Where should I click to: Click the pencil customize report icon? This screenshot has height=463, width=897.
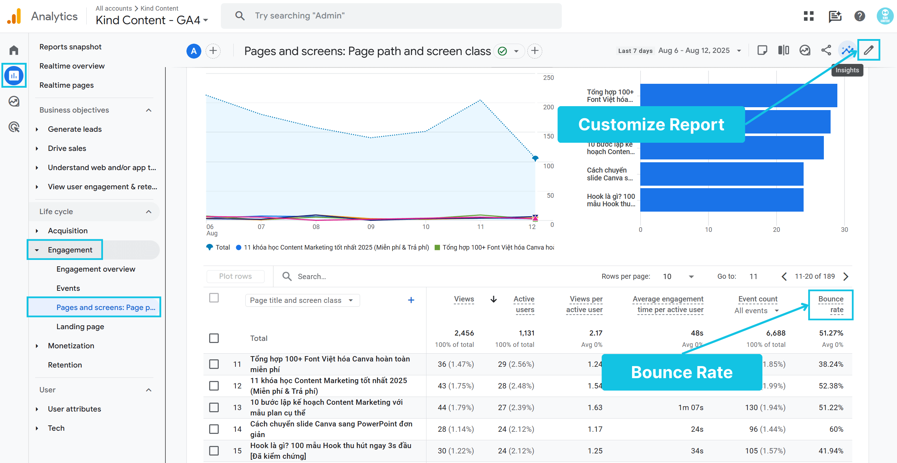(869, 50)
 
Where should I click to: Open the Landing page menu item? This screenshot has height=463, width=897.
(80, 327)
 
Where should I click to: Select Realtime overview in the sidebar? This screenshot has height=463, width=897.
(72, 66)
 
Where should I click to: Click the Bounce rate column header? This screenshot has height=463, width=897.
(831, 304)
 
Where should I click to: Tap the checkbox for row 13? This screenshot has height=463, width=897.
(214, 407)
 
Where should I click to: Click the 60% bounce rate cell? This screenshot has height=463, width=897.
(836, 429)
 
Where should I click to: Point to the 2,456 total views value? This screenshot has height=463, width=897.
(464, 333)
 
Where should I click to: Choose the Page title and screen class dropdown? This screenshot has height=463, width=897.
(302, 300)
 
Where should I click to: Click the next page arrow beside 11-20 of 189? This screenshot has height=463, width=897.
(846, 276)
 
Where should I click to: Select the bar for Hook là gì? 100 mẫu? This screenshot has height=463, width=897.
(722, 200)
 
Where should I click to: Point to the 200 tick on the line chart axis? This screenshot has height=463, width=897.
(548, 107)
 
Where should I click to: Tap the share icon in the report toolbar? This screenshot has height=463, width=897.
(826, 50)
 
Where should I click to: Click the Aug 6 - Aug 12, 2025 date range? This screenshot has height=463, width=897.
(694, 50)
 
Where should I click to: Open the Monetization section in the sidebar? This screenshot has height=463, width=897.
(71, 346)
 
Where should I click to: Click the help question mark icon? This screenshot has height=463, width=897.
(859, 16)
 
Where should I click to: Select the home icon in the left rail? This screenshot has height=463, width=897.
(14, 50)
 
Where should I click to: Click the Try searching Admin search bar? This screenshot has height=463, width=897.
(391, 16)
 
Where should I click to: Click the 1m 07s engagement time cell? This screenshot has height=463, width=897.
(690, 408)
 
